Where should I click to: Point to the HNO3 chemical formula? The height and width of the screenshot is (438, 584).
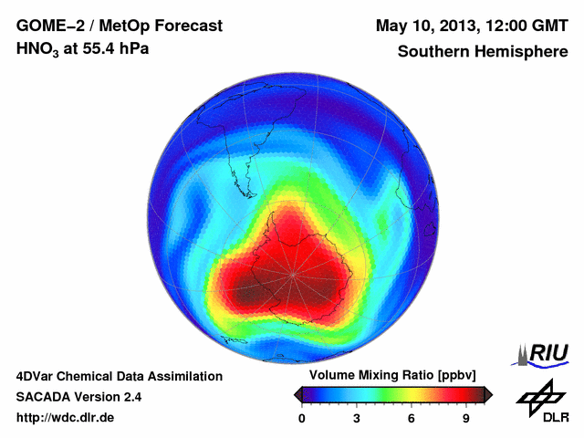[39, 49]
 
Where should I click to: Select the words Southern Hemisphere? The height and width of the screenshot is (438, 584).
[483, 52]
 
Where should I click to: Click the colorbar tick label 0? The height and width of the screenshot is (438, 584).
[302, 418]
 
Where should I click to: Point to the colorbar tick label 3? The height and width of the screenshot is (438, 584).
[357, 418]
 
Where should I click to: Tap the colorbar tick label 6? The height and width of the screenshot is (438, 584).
[412, 418]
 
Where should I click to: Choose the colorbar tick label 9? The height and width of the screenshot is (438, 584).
[465, 418]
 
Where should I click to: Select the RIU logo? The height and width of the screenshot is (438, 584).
[545, 353]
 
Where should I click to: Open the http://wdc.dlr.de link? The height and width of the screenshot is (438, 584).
[66, 418]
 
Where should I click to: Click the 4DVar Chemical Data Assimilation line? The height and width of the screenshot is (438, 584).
[119, 376]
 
